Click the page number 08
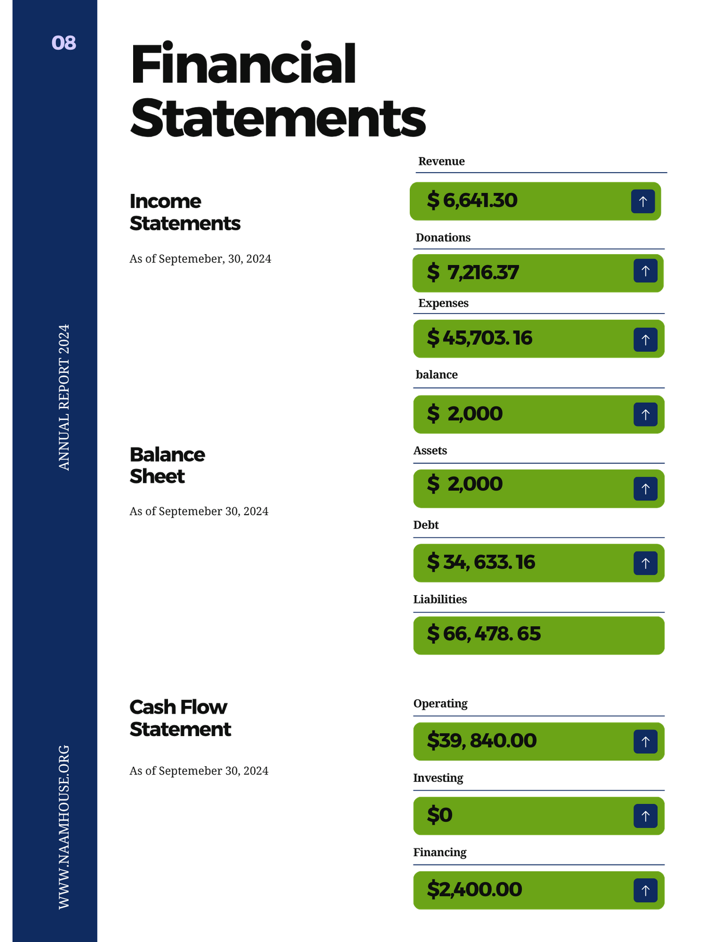[x=63, y=43]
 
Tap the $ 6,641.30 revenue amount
[x=472, y=201]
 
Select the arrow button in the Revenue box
[x=643, y=201]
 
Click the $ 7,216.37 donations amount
[x=473, y=272]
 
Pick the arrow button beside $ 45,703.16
[x=645, y=340]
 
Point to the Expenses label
[x=443, y=303]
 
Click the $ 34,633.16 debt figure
[x=481, y=562]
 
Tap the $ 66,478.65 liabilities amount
[x=484, y=634]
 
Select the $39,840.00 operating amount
[x=482, y=741]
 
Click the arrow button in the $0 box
[x=645, y=816]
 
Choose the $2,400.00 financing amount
[x=474, y=889]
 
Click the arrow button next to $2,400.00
[x=645, y=891]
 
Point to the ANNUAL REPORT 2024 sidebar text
[x=63, y=397]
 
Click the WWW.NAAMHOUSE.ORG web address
[x=63, y=827]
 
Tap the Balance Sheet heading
[x=167, y=465]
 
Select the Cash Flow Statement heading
[x=180, y=718]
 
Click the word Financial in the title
[x=243, y=64]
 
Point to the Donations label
[x=443, y=238]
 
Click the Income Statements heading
[x=185, y=212]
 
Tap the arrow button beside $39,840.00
[x=645, y=742]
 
